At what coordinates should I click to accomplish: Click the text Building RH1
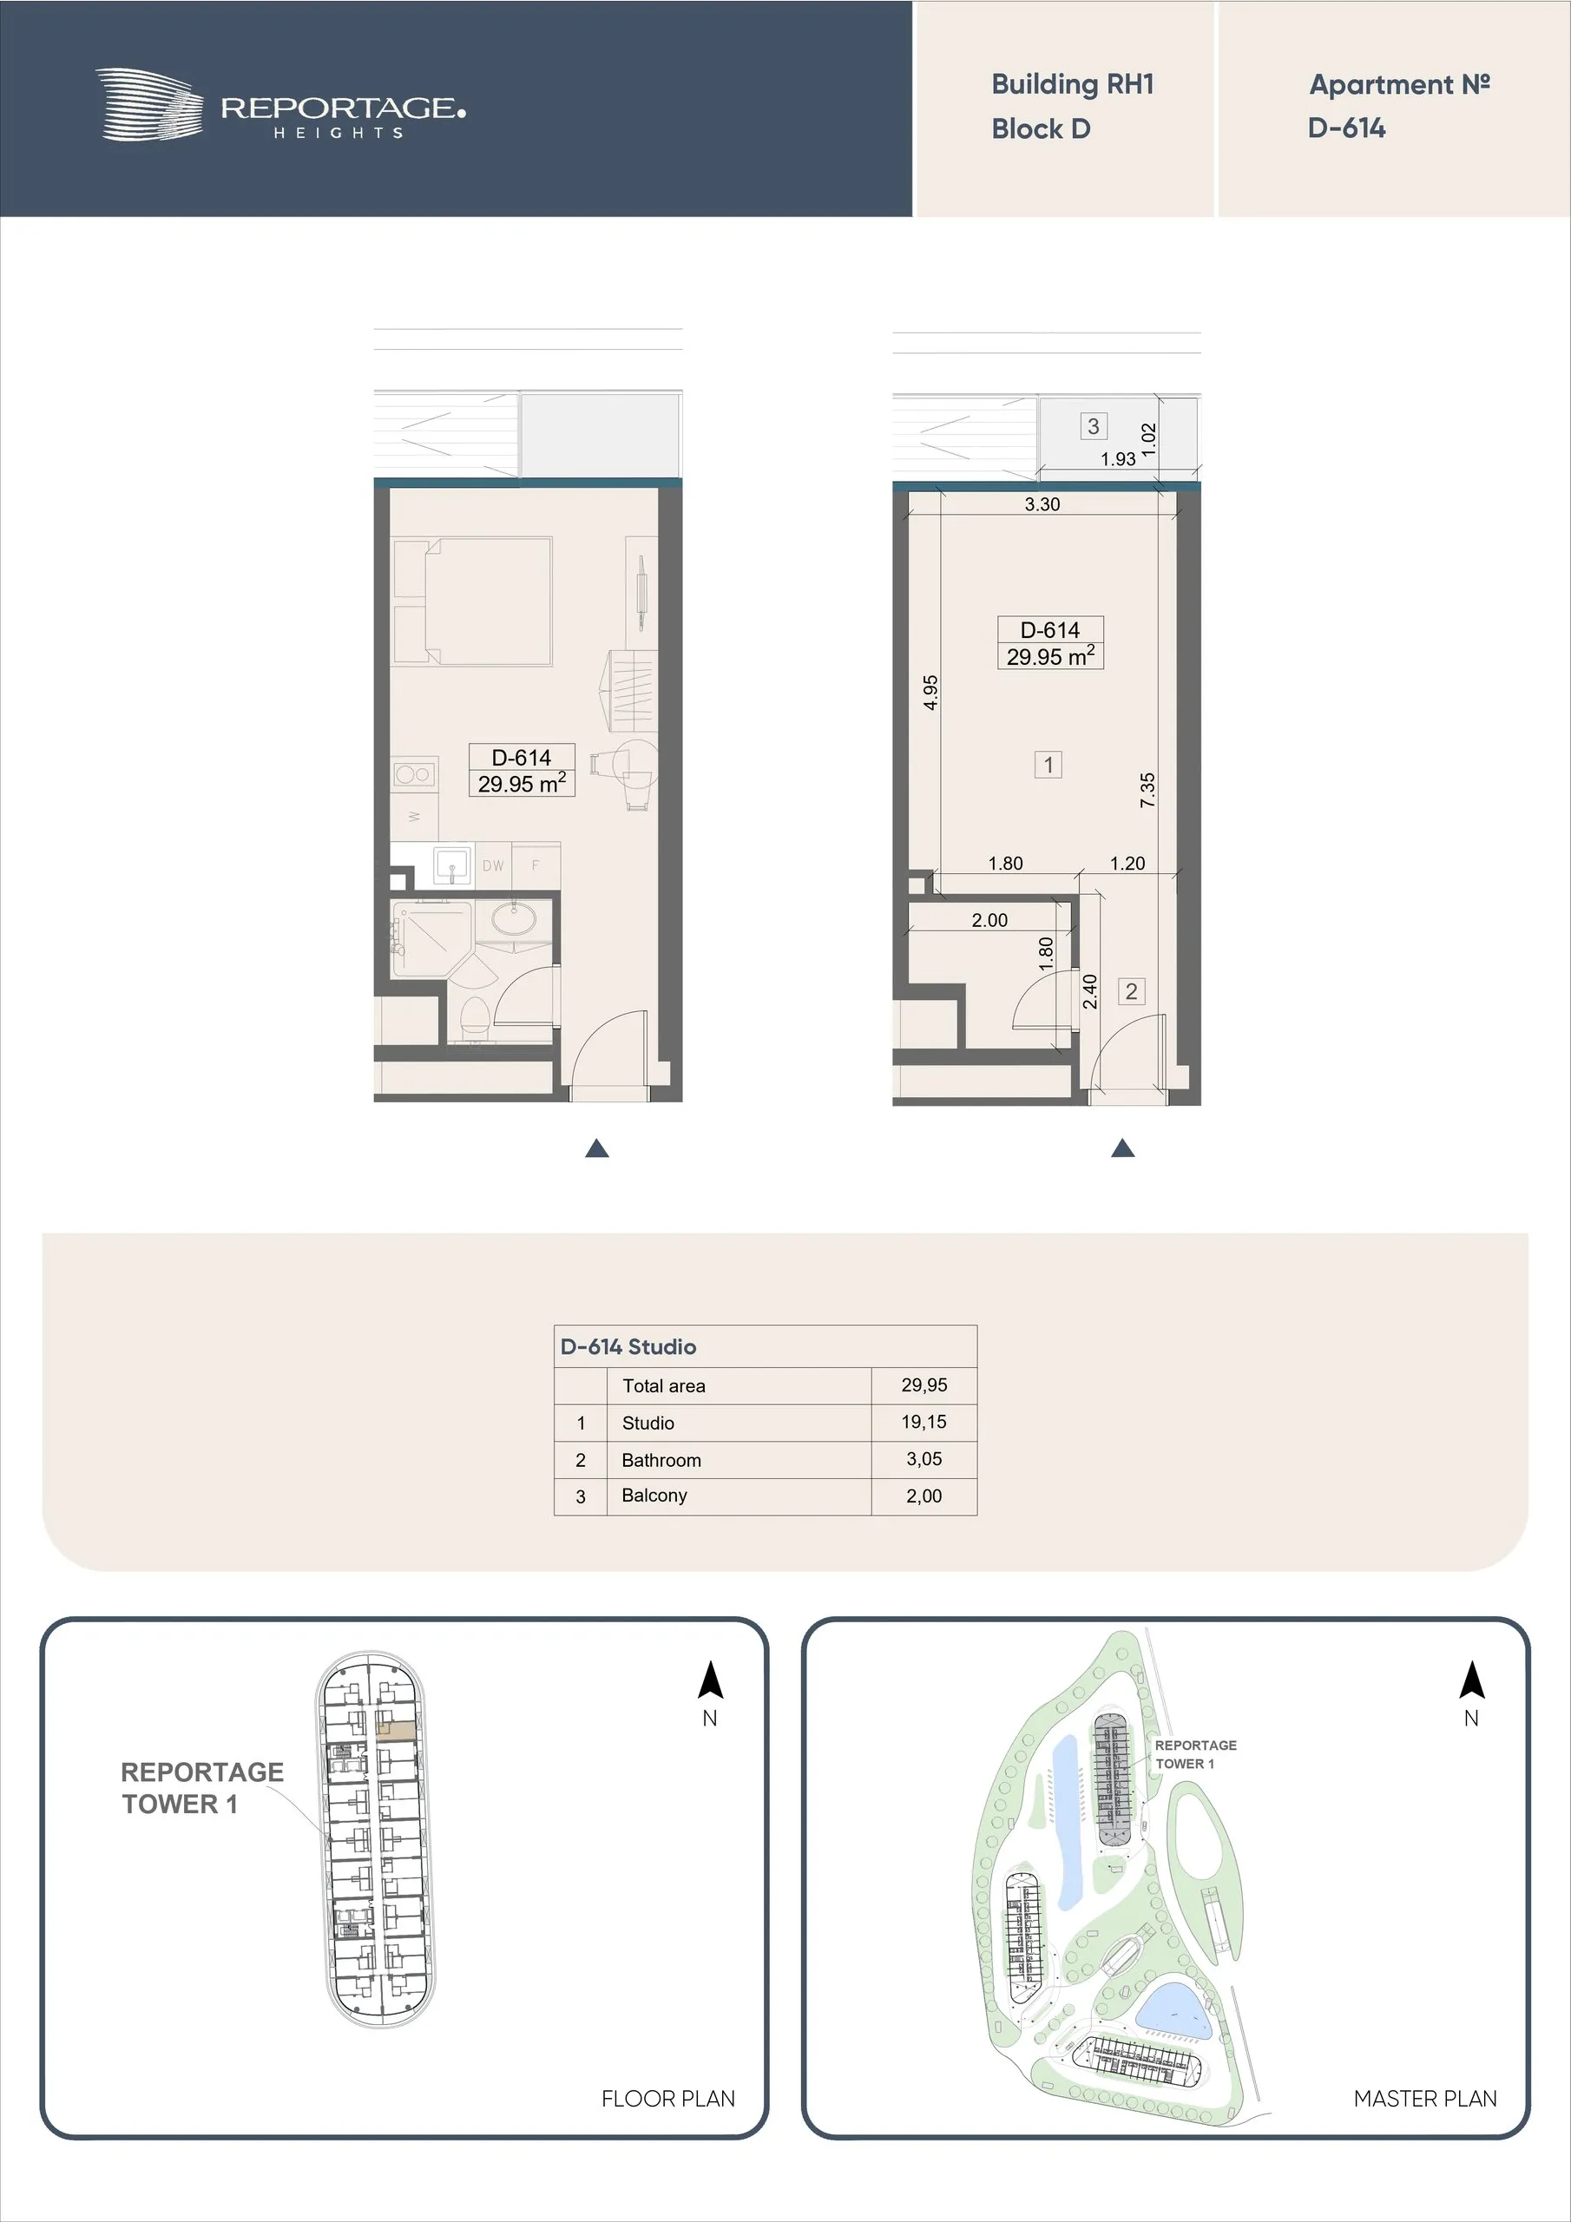click(x=1073, y=84)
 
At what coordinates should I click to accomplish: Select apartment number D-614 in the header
click(x=1346, y=128)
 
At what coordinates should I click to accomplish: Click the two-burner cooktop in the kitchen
click(x=413, y=774)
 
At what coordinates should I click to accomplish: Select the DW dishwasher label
click(x=493, y=866)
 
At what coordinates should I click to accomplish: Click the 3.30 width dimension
click(x=1042, y=504)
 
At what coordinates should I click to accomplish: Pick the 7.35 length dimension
click(x=1147, y=790)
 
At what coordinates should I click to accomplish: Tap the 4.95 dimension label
click(x=930, y=692)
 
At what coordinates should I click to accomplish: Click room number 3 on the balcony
click(x=1093, y=426)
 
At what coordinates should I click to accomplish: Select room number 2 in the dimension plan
click(x=1132, y=991)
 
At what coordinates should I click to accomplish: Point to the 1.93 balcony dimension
click(x=1118, y=459)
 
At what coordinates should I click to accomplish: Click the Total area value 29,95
click(x=924, y=1385)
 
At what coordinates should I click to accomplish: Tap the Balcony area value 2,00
click(x=924, y=1496)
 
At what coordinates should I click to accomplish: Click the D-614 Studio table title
click(x=628, y=1346)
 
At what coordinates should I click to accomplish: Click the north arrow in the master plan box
click(x=1471, y=1680)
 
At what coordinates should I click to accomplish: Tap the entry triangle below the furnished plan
click(x=597, y=1148)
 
